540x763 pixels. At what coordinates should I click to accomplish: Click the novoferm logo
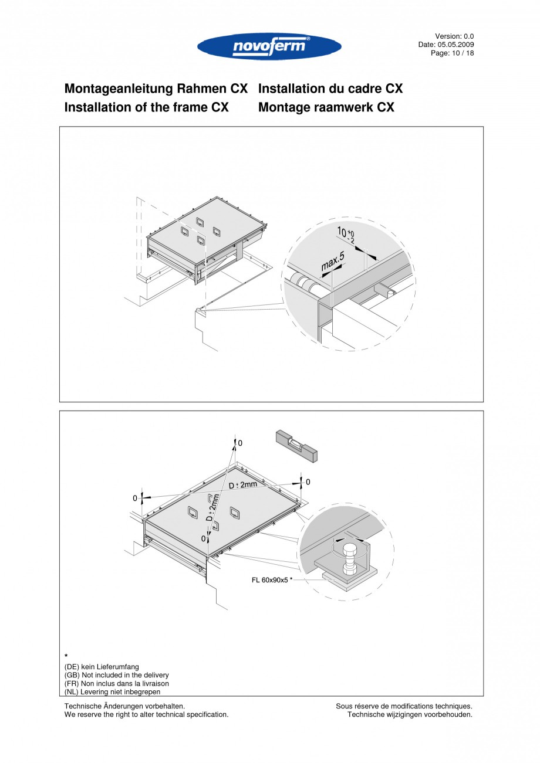[x=269, y=46]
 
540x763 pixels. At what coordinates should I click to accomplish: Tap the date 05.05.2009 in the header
[x=455, y=45]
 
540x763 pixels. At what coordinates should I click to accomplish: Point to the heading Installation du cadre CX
[x=330, y=89]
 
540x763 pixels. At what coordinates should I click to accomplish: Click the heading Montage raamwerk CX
[x=326, y=108]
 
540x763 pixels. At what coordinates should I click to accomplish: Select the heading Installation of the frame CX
[x=146, y=108]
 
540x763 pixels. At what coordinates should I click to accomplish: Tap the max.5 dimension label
[x=332, y=262]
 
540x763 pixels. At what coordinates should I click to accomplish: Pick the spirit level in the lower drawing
[x=296, y=443]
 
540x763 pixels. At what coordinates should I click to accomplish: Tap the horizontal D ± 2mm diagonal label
[x=243, y=484]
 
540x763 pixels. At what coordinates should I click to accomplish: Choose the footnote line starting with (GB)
[x=116, y=675]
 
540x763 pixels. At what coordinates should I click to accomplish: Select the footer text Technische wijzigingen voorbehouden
[x=410, y=714]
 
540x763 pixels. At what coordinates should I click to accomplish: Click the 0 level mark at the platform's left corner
[x=135, y=498]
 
